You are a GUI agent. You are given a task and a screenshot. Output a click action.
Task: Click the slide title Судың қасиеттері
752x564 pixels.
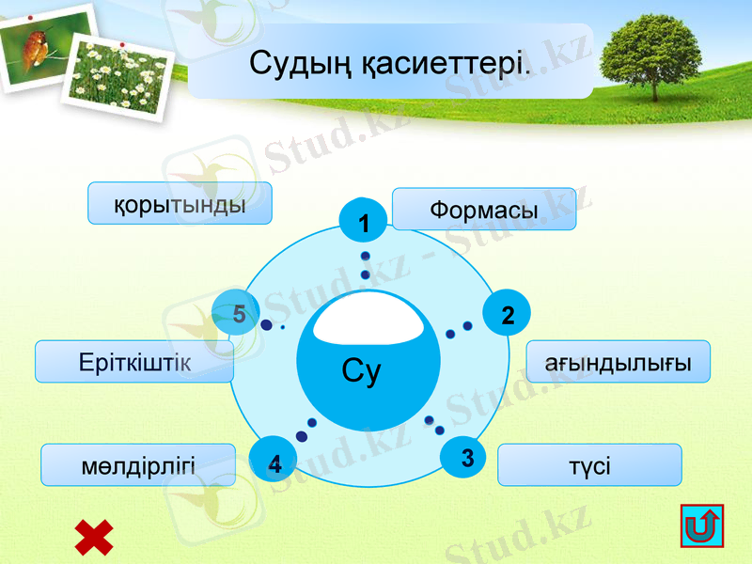click(x=390, y=64)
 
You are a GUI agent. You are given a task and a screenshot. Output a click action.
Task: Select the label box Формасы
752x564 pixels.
click(x=483, y=209)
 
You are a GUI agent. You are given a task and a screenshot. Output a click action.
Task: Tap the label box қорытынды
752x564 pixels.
click(x=180, y=203)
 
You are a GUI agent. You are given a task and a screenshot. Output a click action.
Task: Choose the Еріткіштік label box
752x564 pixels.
click(x=134, y=362)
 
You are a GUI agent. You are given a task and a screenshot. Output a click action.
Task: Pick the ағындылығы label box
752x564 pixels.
click(x=617, y=362)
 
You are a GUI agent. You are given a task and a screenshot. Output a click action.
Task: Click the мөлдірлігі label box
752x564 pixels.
click(x=138, y=464)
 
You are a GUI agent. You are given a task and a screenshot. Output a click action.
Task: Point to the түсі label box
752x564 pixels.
click(x=588, y=464)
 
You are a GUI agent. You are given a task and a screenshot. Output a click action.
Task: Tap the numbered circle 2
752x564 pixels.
click(x=508, y=314)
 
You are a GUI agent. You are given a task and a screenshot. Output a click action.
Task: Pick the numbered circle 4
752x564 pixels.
click(x=274, y=462)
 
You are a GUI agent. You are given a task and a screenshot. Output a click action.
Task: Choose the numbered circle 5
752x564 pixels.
click(x=237, y=314)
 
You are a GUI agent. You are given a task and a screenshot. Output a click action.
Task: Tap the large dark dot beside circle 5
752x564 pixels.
click(x=267, y=325)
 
